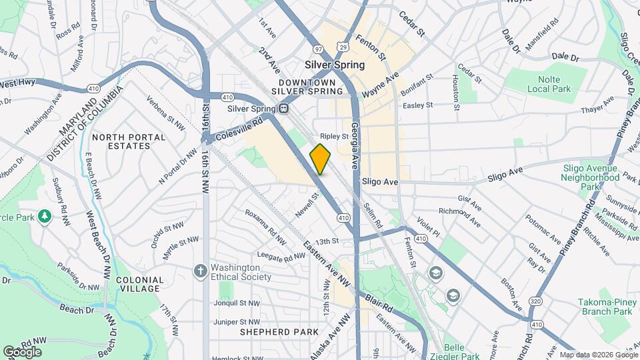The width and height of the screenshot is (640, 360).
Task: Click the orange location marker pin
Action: pyautogui.click(x=320, y=159)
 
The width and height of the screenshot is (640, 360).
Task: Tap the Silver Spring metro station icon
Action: pyautogui.click(x=284, y=109)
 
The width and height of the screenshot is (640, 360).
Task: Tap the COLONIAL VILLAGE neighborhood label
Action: pyautogui.click(x=139, y=284)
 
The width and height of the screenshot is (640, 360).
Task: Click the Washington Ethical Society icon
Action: pyautogui.click(x=199, y=271)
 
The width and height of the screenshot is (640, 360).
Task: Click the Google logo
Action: pyautogui.click(x=22, y=351)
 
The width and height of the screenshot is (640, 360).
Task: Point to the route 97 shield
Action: pyautogui.click(x=319, y=49)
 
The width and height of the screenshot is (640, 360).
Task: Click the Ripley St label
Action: pyautogui.click(x=335, y=136)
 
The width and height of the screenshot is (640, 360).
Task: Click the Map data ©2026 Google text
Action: pyautogui.click(x=598, y=355)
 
